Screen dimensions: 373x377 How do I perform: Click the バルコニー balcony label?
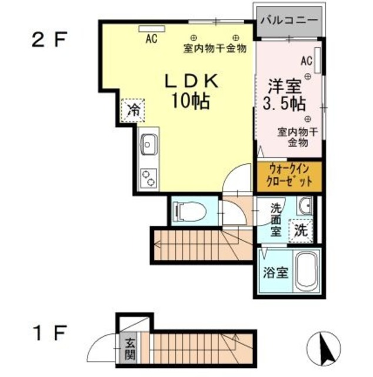click(289, 20)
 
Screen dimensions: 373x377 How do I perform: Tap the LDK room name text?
click(191, 81)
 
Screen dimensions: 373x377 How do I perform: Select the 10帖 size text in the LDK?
click(190, 101)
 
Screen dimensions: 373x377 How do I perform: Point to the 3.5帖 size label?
click(284, 104)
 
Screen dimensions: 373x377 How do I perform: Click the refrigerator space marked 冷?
click(133, 111)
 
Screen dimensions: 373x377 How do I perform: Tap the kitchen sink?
click(149, 144)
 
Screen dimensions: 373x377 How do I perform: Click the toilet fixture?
click(190, 211)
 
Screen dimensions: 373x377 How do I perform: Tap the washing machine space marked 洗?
click(301, 231)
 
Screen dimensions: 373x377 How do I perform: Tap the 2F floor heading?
click(49, 40)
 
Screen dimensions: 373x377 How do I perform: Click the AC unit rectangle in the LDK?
click(152, 29)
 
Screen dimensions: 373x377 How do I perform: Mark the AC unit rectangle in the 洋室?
click(318, 60)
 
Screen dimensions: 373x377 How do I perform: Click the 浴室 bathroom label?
click(275, 273)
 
